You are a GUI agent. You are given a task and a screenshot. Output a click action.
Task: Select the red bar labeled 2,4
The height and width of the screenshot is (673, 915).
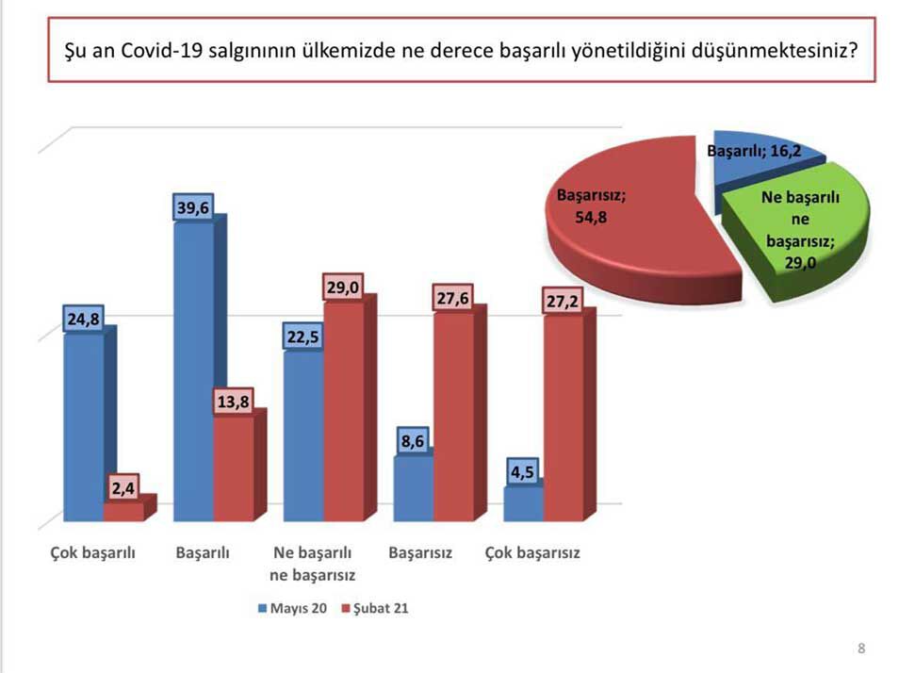tap(123, 511)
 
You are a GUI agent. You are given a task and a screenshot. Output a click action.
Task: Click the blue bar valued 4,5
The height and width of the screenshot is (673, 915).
tap(524, 503)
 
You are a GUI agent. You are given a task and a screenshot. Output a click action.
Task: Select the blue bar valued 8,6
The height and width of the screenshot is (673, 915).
tap(413, 488)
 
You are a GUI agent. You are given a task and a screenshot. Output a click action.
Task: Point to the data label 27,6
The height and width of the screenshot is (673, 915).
tap(452, 298)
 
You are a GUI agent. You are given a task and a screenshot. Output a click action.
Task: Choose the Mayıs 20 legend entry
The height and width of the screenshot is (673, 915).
tap(293, 608)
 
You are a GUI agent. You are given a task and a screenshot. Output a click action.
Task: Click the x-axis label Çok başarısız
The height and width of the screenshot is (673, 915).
tap(531, 553)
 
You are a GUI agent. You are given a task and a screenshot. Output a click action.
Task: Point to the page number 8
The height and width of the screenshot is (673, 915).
tap(861, 648)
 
